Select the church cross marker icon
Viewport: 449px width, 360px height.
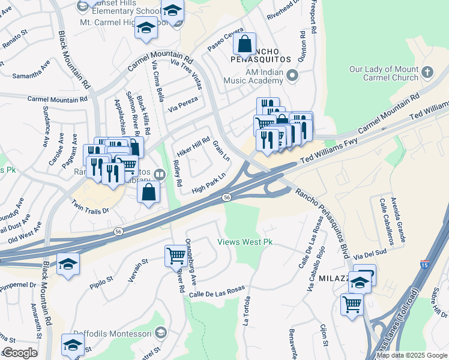pyautogui.click(x=427, y=73)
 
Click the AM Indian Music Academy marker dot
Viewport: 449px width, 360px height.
pyautogui.click(x=292, y=76)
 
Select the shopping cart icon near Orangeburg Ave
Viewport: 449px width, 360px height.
pyautogui.click(x=176, y=255)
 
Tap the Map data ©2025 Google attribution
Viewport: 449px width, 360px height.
pyautogui.click(x=412, y=355)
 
